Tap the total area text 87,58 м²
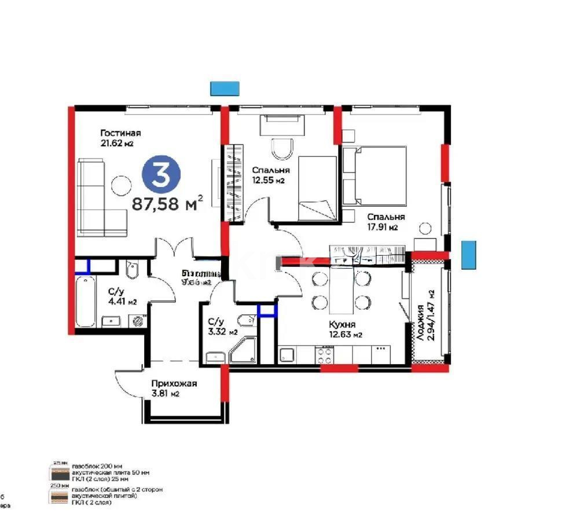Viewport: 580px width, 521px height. [x=167, y=203]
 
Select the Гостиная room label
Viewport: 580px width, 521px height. [x=120, y=133]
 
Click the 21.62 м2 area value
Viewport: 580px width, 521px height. [x=120, y=144]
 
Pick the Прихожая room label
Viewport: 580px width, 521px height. [x=174, y=383]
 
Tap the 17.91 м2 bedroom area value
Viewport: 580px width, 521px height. [x=383, y=227]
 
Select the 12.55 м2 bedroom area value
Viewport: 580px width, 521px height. [x=268, y=181]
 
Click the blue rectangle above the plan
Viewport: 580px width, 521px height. [x=225, y=88]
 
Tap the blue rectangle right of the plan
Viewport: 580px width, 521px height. [x=468, y=255]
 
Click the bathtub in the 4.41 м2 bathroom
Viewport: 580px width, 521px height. [x=86, y=302]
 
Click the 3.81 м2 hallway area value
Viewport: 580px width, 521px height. [x=165, y=394]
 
